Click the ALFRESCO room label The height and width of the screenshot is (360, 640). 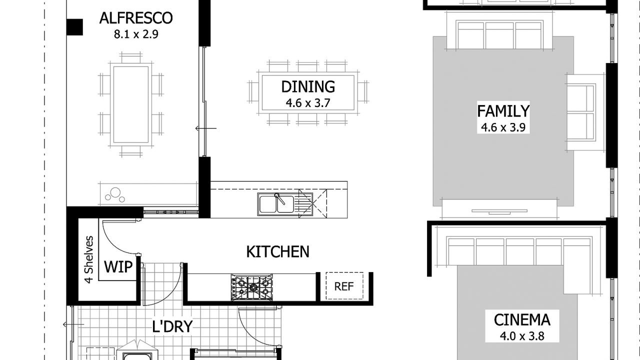[136, 18]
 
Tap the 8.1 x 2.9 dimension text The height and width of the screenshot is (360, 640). [136, 34]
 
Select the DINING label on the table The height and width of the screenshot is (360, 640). [308, 87]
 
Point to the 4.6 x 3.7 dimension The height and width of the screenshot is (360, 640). [308, 103]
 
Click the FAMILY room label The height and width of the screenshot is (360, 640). [503, 111]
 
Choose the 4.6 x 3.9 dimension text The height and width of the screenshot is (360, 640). [503, 127]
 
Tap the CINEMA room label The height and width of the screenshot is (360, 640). [522, 320]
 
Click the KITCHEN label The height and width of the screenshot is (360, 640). [277, 251]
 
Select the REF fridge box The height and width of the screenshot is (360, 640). [344, 286]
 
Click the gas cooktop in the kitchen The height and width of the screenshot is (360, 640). [251, 287]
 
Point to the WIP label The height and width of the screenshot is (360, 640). [118, 267]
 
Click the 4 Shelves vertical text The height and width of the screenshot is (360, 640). [89, 259]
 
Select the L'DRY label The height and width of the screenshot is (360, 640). [172, 326]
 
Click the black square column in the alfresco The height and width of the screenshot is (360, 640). [75, 27]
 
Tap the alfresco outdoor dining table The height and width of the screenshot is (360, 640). [131, 104]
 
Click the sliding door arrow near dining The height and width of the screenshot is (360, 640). [205, 128]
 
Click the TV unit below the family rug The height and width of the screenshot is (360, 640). [499, 209]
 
